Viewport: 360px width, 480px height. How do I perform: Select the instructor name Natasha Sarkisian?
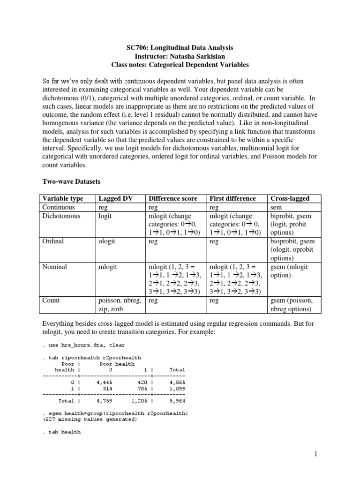(x=194, y=56)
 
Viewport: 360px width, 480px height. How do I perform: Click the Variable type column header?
(x=63, y=198)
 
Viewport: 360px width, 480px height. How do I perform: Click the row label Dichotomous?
(x=61, y=216)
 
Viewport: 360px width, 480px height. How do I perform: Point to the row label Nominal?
(x=55, y=267)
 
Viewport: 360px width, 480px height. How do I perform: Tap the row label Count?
(x=51, y=300)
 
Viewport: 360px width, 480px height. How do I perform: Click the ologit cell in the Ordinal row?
(x=107, y=241)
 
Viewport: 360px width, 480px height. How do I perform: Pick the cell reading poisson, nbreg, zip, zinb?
(x=118, y=305)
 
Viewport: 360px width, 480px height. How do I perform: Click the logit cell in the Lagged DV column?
(x=105, y=216)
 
